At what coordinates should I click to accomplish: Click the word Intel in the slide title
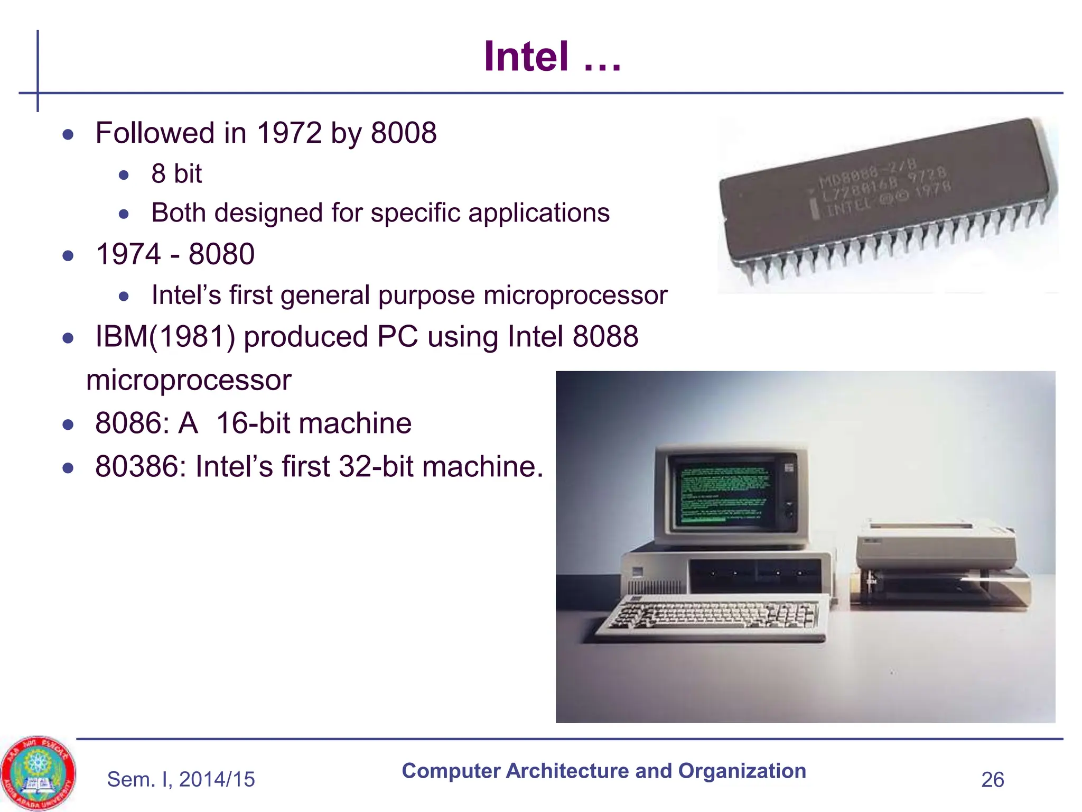(526, 57)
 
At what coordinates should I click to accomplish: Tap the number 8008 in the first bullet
(404, 133)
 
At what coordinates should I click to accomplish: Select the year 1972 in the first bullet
(289, 133)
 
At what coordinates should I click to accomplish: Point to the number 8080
(221, 254)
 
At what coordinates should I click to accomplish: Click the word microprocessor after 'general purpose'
(575, 295)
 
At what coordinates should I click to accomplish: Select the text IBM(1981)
(165, 337)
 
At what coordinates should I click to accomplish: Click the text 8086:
(132, 423)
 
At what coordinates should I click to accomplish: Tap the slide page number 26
(992, 780)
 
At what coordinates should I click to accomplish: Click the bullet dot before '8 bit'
(124, 175)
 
